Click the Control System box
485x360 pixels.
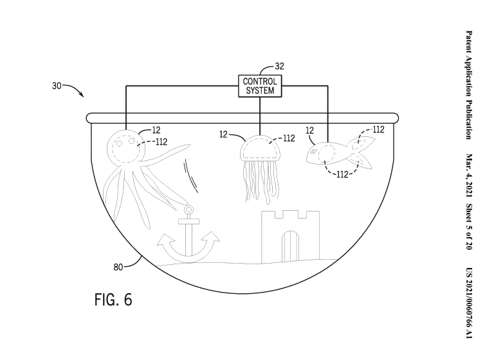260,86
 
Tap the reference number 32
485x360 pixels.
279,66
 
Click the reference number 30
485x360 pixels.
57,85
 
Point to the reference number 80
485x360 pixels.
118,267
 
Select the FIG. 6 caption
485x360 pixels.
113,300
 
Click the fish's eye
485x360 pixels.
313,152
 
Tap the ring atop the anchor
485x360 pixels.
188,210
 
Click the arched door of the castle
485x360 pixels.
291,246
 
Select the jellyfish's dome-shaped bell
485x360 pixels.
260,148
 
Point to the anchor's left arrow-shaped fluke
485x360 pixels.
164,240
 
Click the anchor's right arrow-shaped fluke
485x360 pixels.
212,238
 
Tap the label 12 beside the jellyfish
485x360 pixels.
223,134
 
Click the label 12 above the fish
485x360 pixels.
309,130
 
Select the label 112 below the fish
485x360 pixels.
342,174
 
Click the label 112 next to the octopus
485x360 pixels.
161,142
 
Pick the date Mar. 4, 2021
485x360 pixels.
469,175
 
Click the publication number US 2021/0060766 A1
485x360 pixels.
469,303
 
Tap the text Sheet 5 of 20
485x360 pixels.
469,226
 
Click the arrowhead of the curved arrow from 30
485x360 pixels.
82,94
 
